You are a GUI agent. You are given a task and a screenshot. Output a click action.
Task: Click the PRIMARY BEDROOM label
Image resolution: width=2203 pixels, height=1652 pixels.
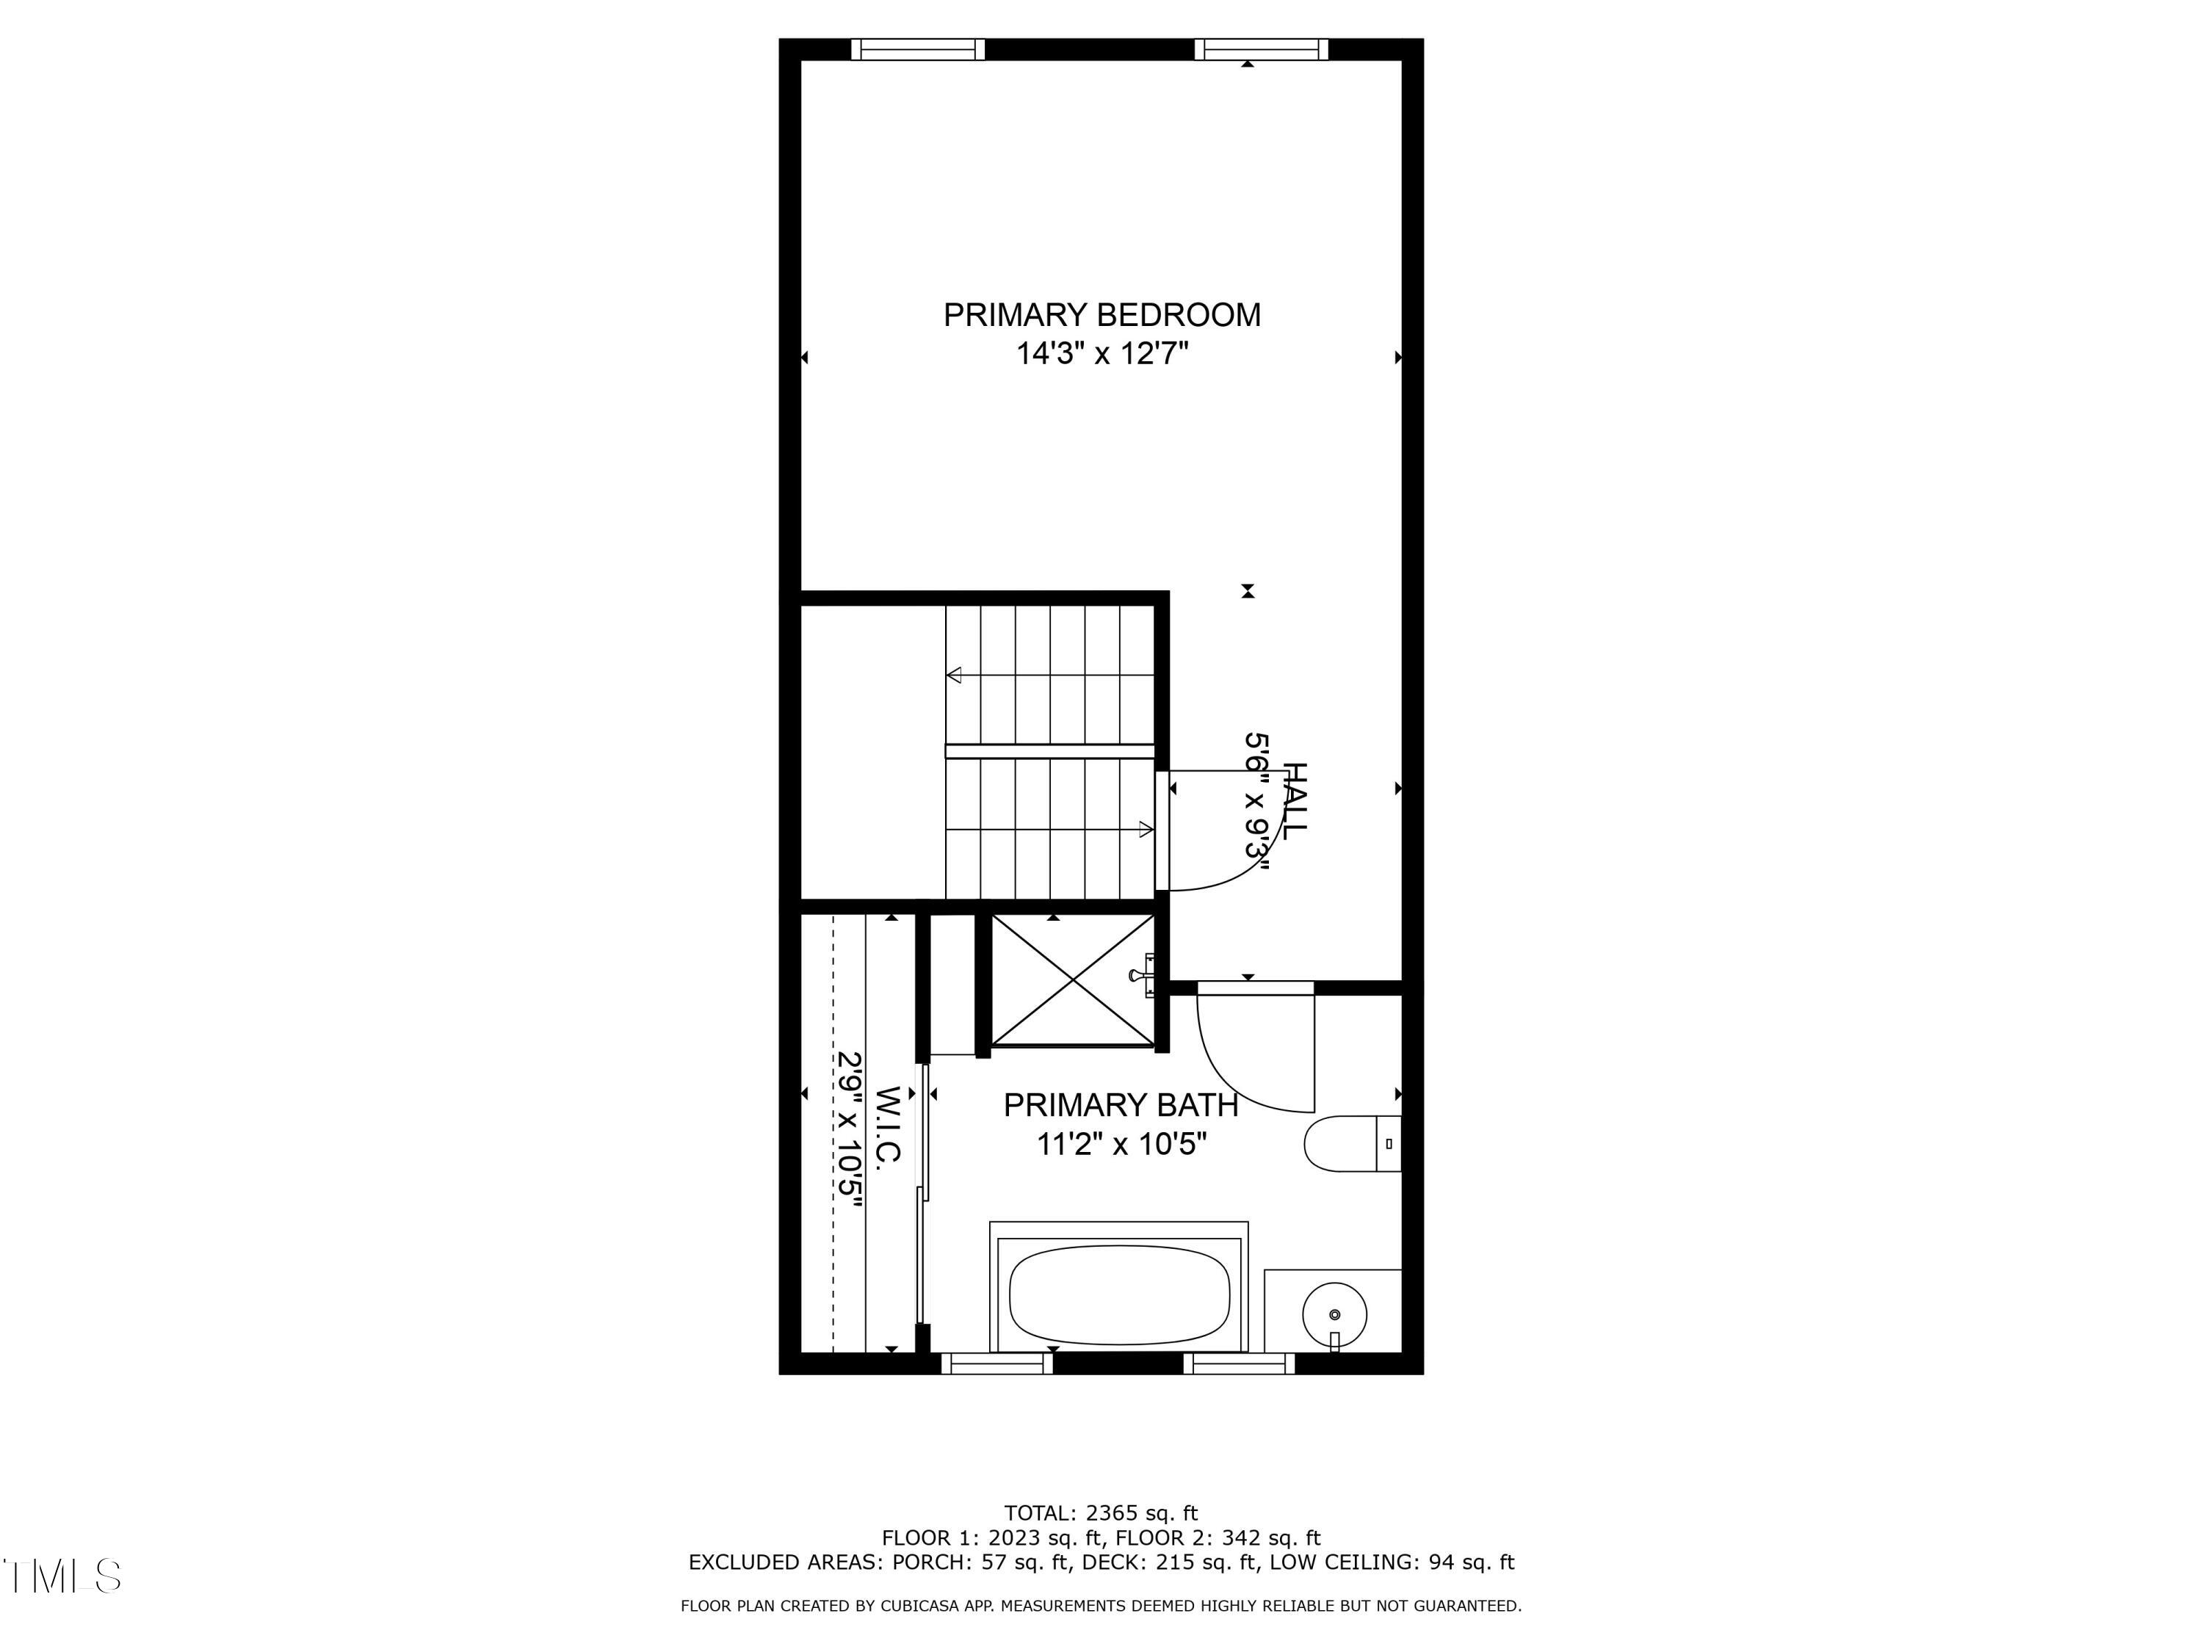[1101, 315]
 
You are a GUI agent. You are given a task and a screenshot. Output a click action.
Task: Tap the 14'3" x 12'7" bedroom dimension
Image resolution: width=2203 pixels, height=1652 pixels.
[1101, 353]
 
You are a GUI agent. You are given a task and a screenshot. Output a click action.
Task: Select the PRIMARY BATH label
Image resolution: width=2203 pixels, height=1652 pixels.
[1121, 1105]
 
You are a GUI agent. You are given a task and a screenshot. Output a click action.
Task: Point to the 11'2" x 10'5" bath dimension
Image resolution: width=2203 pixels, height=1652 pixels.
[1121, 1144]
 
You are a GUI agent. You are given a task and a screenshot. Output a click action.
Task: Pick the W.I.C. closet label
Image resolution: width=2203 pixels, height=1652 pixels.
[889, 1124]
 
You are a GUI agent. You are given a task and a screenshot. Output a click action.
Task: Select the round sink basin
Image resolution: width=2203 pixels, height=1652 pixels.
[1334, 1314]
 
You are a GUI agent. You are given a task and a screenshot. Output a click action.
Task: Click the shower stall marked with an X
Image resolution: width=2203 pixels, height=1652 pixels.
[1073, 980]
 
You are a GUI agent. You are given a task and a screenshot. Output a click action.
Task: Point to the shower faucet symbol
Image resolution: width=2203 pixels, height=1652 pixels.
[1143, 975]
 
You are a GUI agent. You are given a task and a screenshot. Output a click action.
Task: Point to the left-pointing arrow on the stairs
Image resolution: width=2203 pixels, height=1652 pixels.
[954, 675]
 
